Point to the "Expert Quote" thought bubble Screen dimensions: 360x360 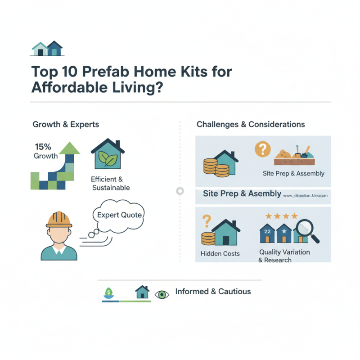(x=119, y=215)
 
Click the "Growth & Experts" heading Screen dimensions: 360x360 (x=66, y=124)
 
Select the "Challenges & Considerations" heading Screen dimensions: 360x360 (x=251, y=124)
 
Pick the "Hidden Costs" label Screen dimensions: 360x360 (x=220, y=253)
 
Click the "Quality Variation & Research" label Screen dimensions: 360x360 (x=284, y=256)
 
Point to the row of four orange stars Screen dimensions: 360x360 (x=281, y=216)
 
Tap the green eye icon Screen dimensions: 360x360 (x=161, y=295)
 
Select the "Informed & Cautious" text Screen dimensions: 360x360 (x=213, y=292)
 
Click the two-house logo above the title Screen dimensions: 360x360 (x=47, y=49)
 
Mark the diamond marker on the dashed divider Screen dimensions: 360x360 (x=180, y=191)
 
